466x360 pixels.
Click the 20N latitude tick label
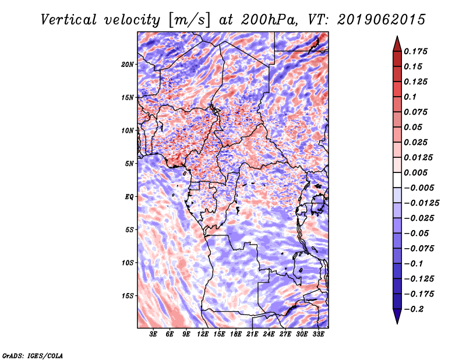click(128, 64)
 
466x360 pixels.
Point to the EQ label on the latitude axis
click(129, 197)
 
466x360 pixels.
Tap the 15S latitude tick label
click(128, 296)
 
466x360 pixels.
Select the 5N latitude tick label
click(129, 164)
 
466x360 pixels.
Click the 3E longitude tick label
click(153, 334)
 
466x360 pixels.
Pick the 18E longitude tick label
click(236, 334)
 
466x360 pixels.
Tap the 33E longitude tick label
click(318, 334)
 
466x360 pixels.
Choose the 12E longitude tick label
click(203, 334)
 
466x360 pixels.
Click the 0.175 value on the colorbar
click(415, 51)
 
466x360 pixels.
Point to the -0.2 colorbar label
click(414, 309)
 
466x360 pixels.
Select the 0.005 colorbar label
click(415, 172)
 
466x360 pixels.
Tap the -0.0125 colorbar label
click(421, 203)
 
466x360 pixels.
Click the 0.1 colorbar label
click(410, 97)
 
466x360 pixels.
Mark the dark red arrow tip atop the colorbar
click(397, 36)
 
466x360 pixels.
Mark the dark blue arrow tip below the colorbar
click(397, 323)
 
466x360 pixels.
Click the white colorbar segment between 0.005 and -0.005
click(397, 180)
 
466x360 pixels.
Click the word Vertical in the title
click(69, 20)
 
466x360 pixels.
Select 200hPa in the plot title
click(269, 20)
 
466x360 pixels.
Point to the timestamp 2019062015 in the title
click(382, 20)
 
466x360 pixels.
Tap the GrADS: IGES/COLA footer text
click(33, 356)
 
